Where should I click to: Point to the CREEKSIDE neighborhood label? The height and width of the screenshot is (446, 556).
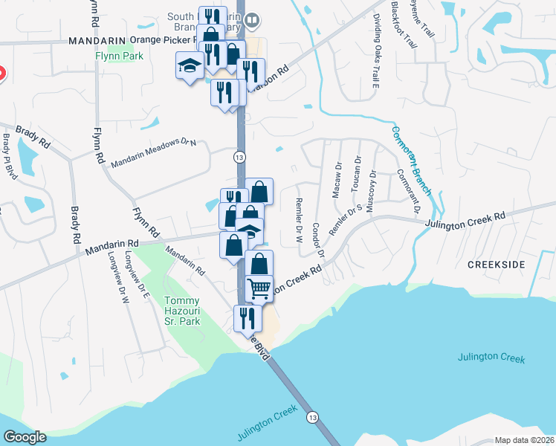(497, 265)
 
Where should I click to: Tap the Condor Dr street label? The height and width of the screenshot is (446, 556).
(318, 239)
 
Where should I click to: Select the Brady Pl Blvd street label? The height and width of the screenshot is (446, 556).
(9, 157)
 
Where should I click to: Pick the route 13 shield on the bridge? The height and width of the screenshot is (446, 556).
(313, 417)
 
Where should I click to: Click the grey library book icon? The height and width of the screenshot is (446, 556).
(252, 22)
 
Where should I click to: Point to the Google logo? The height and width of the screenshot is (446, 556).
(25, 436)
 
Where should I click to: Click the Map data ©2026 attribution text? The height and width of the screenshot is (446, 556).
(524, 440)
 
